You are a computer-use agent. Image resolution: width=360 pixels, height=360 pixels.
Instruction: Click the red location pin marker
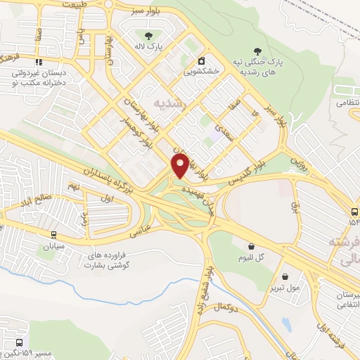[181, 165]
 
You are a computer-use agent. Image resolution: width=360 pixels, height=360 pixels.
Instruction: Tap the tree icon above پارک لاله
[148, 35]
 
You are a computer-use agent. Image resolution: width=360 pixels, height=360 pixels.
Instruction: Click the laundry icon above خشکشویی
[202, 60]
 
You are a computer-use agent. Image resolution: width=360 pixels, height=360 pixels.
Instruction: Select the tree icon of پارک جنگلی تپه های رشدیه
[259, 51]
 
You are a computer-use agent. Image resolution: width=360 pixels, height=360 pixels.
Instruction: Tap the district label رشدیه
[173, 101]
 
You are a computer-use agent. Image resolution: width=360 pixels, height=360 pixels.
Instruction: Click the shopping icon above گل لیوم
[252, 246]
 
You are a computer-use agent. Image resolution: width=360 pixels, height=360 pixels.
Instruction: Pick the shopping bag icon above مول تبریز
[285, 277]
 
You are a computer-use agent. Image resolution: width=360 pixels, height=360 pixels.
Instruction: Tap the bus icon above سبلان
[53, 235]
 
